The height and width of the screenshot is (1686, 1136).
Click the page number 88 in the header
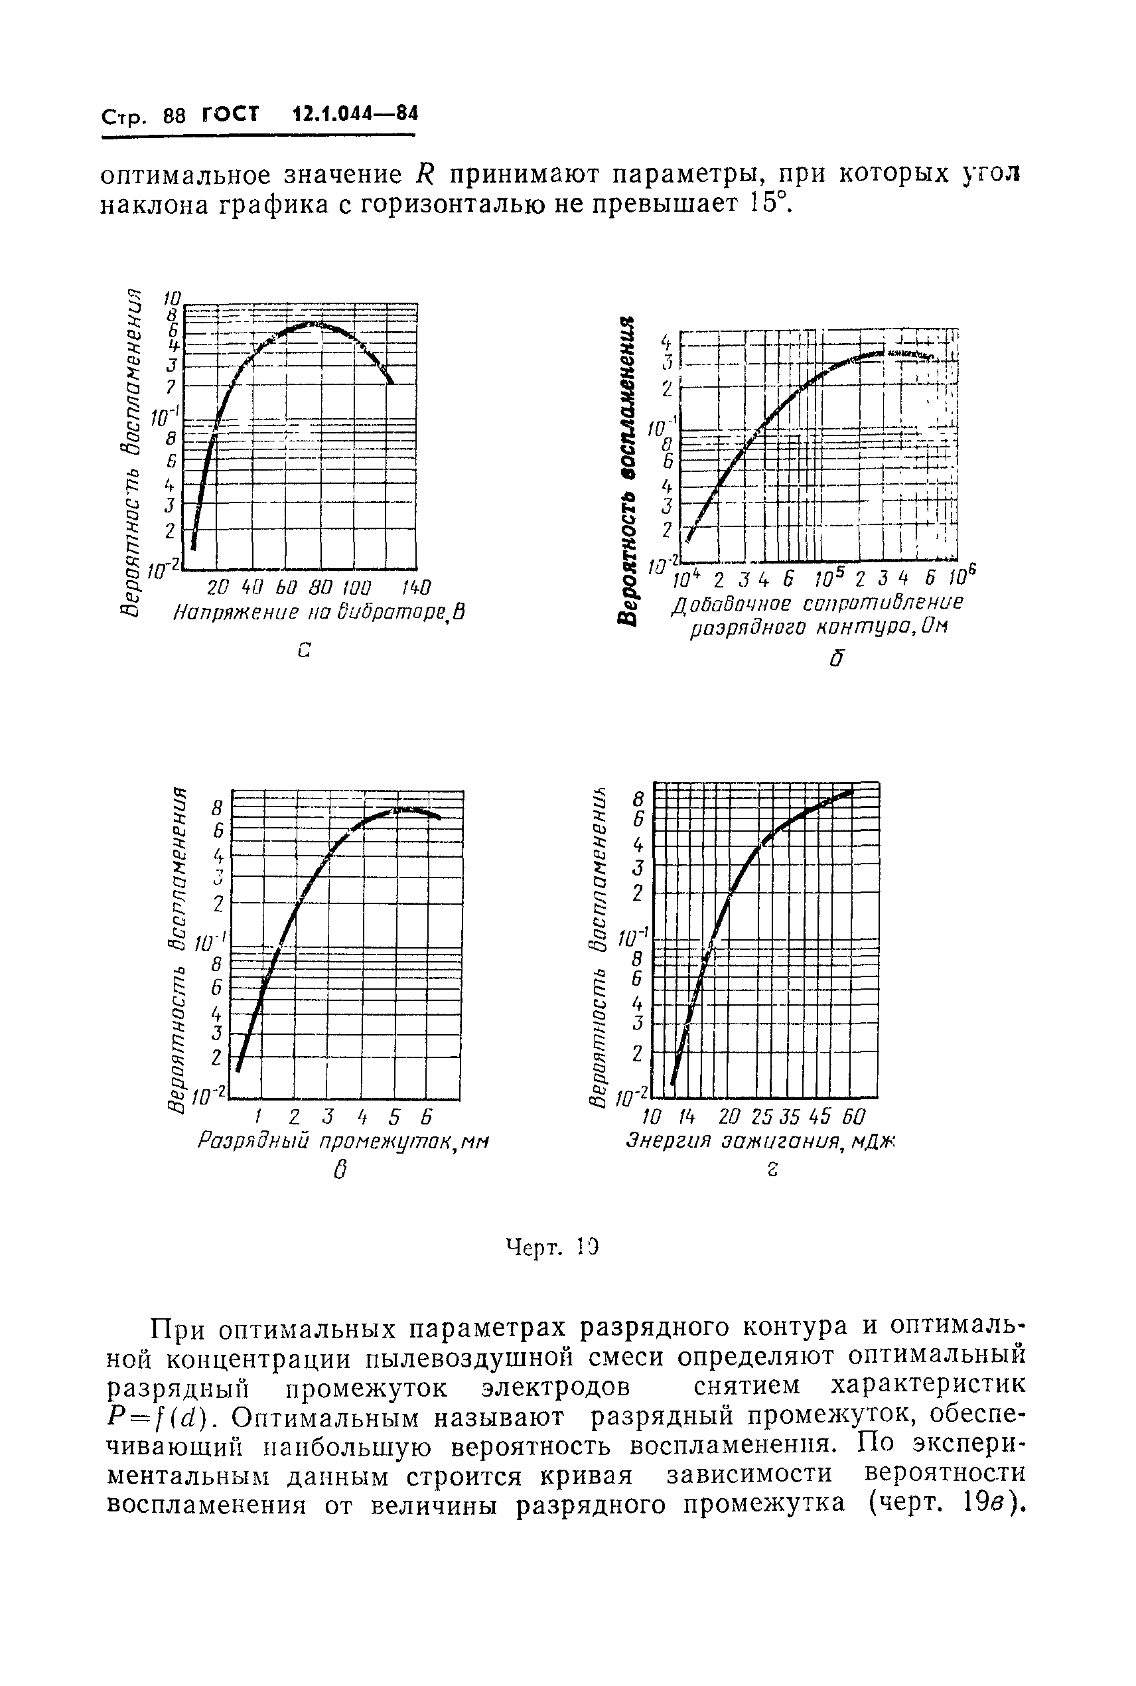pyautogui.click(x=175, y=116)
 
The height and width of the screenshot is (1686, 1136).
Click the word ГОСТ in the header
pyautogui.click(x=231, y=114)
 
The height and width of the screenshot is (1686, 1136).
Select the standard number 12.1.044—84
pyautogui.click(x=355, y=114)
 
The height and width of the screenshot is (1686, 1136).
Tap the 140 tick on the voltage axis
pyautogui.click(x=415, y=587)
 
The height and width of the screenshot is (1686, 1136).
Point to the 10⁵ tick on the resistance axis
pyautogui.click(x=829, y=579)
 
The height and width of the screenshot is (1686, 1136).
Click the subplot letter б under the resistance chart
pyautogui.click(x=837, y=658)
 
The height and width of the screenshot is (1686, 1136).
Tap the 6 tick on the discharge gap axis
pyautogui.click(x=427, y=1115)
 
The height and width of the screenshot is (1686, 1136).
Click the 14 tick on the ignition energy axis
pyautogui.click(x=685, y=1115)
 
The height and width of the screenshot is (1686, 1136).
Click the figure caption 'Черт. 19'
pyautogui.click(x=553, y=1247)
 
